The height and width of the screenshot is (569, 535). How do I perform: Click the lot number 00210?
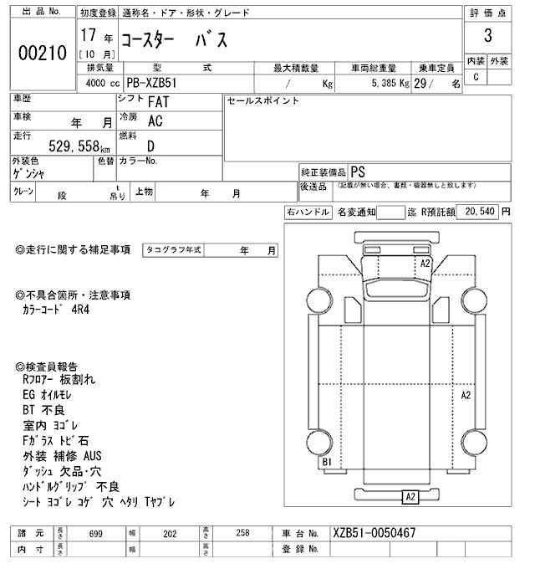41,53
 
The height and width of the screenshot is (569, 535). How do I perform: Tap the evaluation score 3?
487,37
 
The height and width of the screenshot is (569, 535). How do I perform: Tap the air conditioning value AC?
155,121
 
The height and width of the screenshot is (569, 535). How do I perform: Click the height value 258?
242,534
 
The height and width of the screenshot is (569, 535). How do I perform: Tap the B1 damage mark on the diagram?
328,462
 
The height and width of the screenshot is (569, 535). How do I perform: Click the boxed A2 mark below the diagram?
410,497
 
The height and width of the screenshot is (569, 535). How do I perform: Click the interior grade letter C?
476,77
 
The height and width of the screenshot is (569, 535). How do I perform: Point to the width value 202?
171,534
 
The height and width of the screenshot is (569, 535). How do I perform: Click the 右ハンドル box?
308,213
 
